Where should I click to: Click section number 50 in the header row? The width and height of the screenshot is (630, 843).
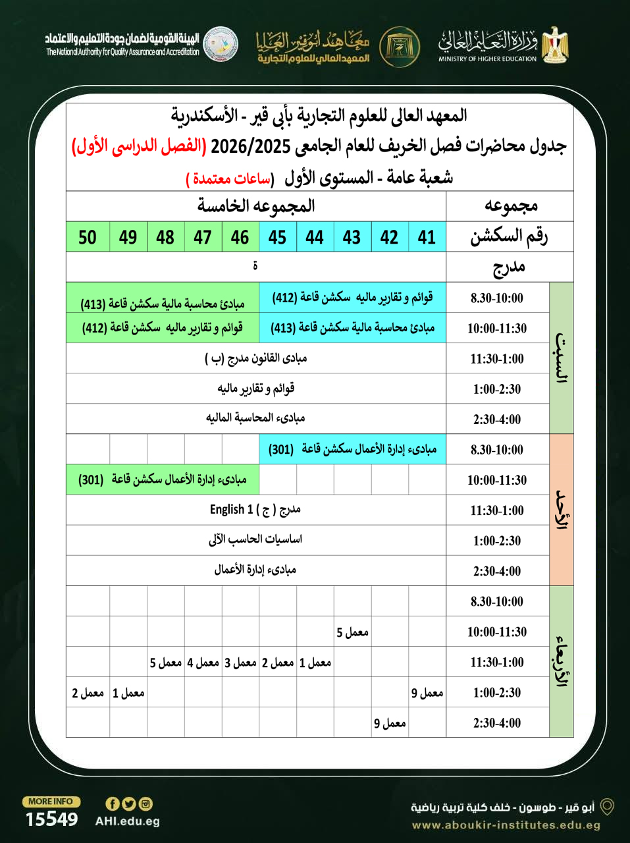click(88, 237)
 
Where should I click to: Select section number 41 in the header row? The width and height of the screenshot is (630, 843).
click(427, 237)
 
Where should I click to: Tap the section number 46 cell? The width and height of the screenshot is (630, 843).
click(240, 237)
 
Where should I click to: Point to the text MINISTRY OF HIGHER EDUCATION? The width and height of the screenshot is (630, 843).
click(488, 59)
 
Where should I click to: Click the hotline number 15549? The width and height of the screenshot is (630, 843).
click(51, 819)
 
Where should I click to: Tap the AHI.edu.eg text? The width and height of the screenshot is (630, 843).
click(127, 821)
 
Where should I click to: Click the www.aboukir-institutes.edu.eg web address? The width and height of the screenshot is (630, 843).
click(506, 825)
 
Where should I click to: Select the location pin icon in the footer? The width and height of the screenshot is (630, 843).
click(607, 807)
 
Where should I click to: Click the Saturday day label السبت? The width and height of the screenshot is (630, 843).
click(561, 358)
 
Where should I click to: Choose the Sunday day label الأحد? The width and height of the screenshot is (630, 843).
click(561, 510)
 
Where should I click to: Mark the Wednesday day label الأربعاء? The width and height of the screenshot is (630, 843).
click(561, 661)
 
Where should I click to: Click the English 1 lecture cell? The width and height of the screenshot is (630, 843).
click(255, 510)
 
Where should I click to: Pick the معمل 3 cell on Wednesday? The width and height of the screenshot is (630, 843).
click(240, 663)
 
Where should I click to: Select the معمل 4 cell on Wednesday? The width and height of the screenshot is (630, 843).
click(203, 663)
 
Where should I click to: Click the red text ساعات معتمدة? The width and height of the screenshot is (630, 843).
click(228, 178)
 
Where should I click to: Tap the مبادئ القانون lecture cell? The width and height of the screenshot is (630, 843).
click(255, 358)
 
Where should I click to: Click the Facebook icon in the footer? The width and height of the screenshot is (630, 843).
click(113, 803)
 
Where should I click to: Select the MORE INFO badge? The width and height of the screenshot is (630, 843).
click(51, 802)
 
